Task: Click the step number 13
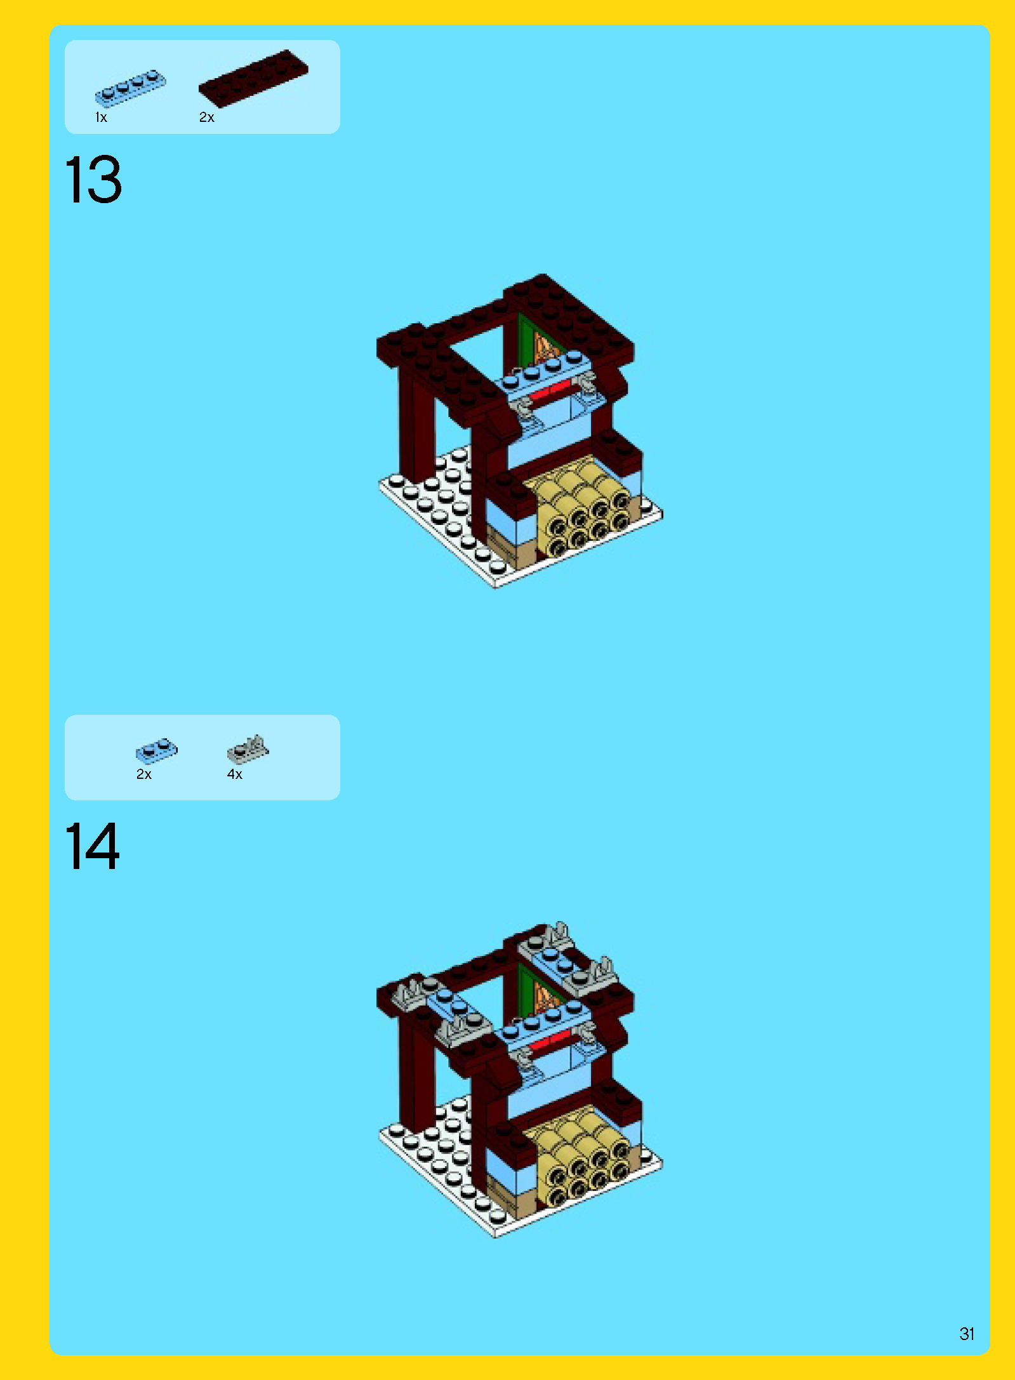(x=93, y=180)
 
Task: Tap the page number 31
(x=967, y=1334)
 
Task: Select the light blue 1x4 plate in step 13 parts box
(x=130, y=88)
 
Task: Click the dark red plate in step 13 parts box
(x=253, y=77)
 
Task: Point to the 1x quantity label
(x=101, y=117)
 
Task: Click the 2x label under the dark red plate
(x=207, y=117)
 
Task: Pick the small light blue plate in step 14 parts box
(x=157, y=750)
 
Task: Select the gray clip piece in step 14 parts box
(x=248, y=749)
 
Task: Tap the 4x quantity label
(x=235, y=774)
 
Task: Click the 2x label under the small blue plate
(x=144, y=774)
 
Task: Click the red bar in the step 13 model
(x=551, y=390)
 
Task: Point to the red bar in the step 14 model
(x=551, y=1041)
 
